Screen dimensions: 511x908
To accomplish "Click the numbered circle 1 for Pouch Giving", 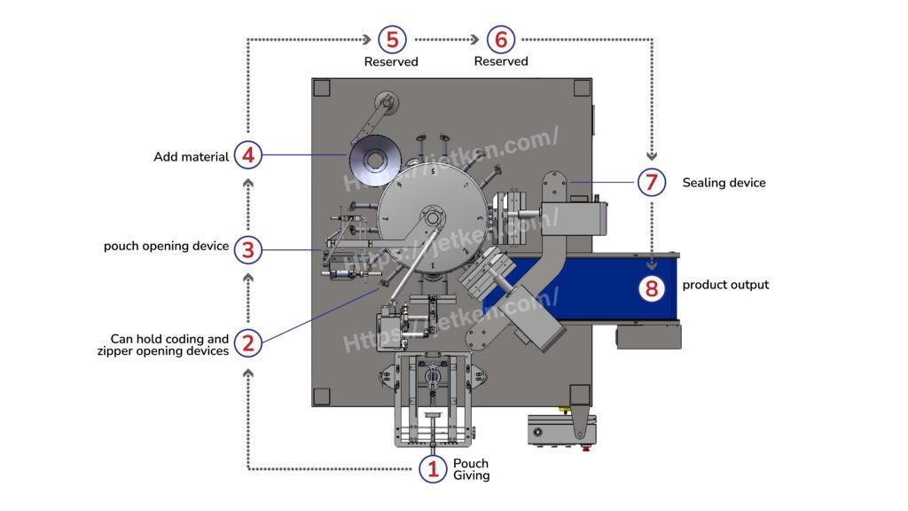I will click(x=433, y=469).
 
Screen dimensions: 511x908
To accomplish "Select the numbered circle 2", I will click(x=248, y=344).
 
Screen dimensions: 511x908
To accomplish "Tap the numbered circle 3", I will click(x=248, y=250).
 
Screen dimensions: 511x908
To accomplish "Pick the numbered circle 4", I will click(x=248, y=156).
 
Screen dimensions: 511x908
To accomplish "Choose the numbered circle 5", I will click(x=391, y=40).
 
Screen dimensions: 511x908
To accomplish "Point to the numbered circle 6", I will click(x=501, y=40).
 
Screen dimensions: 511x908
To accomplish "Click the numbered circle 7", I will click(x=652, y=183).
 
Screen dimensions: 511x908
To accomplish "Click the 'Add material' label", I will click(x=192, y=157).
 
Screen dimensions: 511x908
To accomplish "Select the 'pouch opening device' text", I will click(x=167, y=246).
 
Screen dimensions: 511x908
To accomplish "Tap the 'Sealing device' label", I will click(x=724, y=183).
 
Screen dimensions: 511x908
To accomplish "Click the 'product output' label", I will click(x=725, y=285).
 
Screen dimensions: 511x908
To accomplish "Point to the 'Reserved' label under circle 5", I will click(x=391, y=62).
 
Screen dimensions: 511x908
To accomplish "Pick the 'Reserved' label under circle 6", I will click(x=501, y=62).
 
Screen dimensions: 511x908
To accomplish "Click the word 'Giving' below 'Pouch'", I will click(x=471, y=476).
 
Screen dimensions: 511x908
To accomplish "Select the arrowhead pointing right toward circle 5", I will click(x=366, y=40).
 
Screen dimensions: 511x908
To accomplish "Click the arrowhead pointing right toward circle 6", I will click(x=476, y=40).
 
